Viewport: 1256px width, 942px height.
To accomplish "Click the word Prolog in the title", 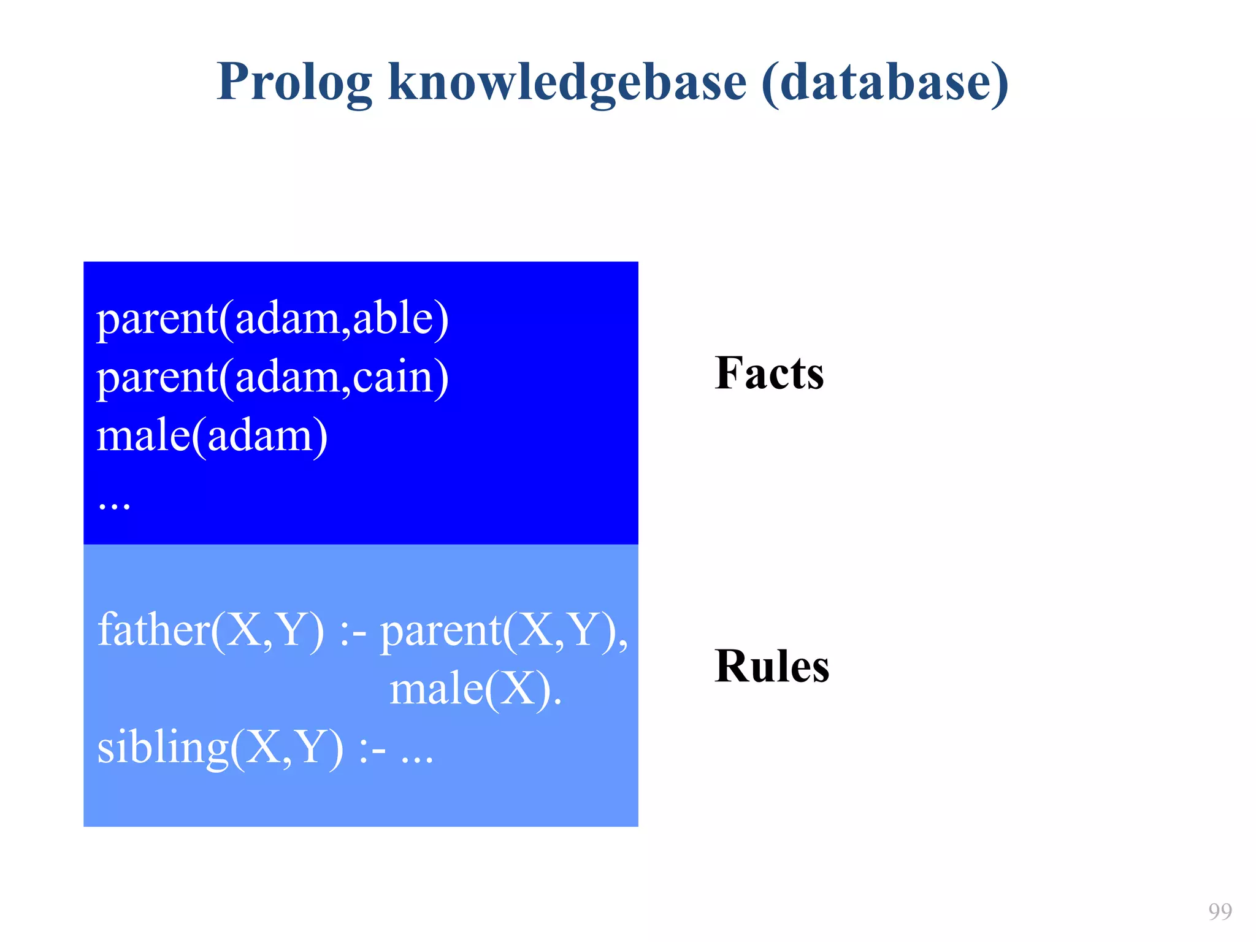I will (294, 83).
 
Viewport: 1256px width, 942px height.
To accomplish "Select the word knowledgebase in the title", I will (567, 83).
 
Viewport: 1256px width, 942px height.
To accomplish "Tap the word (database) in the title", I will (884, 83).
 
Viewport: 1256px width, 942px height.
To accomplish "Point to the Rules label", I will (772, 666).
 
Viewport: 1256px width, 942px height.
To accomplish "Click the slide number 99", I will (1220, 911).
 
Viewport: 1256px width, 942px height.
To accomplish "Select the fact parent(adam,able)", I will (273, 319).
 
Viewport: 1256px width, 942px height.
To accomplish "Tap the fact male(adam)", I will (212, 435).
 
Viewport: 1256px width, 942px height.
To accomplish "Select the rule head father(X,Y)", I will (210, 630).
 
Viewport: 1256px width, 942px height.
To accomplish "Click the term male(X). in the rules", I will (475, 689).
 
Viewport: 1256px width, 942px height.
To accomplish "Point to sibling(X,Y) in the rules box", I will (220, 748).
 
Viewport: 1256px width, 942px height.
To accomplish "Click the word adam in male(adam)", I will (261, 435).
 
